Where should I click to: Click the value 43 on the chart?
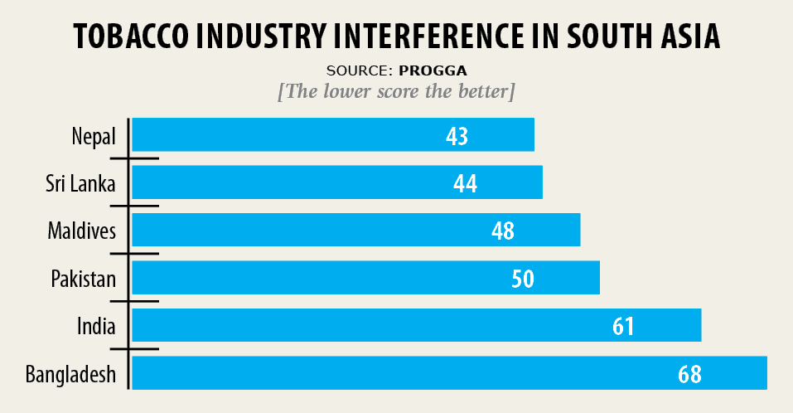point(457,135)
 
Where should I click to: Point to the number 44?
point(466,183)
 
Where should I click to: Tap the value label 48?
point(503,231)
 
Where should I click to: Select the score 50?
point(523,279)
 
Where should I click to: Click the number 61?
point(623,326)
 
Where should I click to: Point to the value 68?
point(689,374)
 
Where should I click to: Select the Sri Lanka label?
point(81,182)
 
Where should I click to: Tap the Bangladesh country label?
point(70,375)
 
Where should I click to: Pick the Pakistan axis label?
point(83,278)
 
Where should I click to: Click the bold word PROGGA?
point(439,70)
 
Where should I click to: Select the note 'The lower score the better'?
point(397,91)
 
